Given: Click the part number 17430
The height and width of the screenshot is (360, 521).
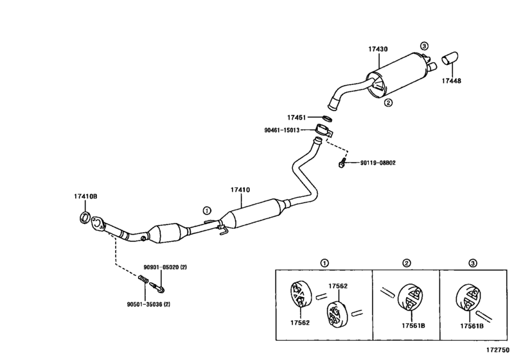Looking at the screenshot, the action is click(378, 49).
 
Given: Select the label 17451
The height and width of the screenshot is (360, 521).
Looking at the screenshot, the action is click(296, 118).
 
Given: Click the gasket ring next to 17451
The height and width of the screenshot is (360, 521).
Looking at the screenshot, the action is click(327, 118).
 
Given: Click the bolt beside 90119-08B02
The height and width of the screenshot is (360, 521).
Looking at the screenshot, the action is click(342, 163).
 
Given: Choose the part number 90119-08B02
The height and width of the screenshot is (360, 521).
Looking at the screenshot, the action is click(378, 163).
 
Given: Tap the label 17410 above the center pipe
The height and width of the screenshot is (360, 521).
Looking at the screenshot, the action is click(240, 190).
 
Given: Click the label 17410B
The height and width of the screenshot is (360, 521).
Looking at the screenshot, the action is click(85, 197).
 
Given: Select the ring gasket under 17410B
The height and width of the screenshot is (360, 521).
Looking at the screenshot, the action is click(85, 217).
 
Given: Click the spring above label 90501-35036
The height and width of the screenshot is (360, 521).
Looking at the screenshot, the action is click(143, 280).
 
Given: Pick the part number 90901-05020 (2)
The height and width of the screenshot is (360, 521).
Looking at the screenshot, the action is click(165, 267).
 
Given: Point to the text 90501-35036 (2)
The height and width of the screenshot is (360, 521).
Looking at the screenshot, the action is click(148, 304).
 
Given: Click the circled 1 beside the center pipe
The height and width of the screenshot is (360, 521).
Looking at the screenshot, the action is click(207, 210).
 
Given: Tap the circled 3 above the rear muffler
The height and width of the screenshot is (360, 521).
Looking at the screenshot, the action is click(424, 46).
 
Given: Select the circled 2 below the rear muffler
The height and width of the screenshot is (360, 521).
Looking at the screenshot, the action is click(388, 103).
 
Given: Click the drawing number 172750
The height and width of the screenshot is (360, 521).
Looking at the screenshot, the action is click(498, 350).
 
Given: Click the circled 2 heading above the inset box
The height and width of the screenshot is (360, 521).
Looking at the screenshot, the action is click(407, 264).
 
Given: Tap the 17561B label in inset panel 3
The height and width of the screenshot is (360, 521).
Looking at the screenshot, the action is click(472, 326).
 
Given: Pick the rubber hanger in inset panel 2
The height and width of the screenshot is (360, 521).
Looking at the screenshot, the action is click(411, 297).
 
